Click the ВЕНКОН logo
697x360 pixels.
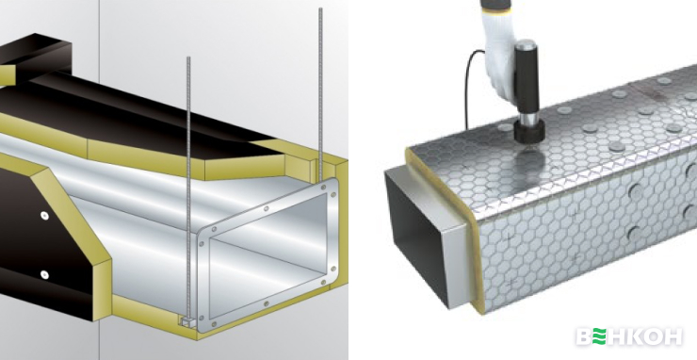[x=629, y=336]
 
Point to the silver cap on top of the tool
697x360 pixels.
[x=527, y=44]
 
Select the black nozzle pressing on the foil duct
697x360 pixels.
[x=529, y=131]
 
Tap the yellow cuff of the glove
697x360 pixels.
[x=496, y=8]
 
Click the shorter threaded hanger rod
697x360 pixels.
[x=188, y=187]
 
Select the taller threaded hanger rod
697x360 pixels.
[x=320, y=89]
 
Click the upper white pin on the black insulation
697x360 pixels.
[x=44, y=216]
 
